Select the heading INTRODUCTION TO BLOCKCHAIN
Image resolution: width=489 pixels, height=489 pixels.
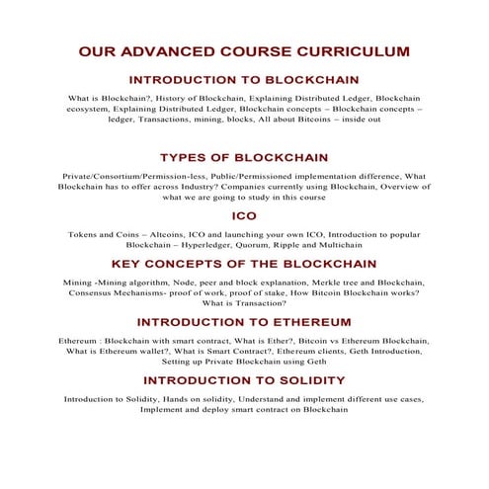(x=244, y=80)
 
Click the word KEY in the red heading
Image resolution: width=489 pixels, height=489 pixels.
(x=129, y=264)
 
